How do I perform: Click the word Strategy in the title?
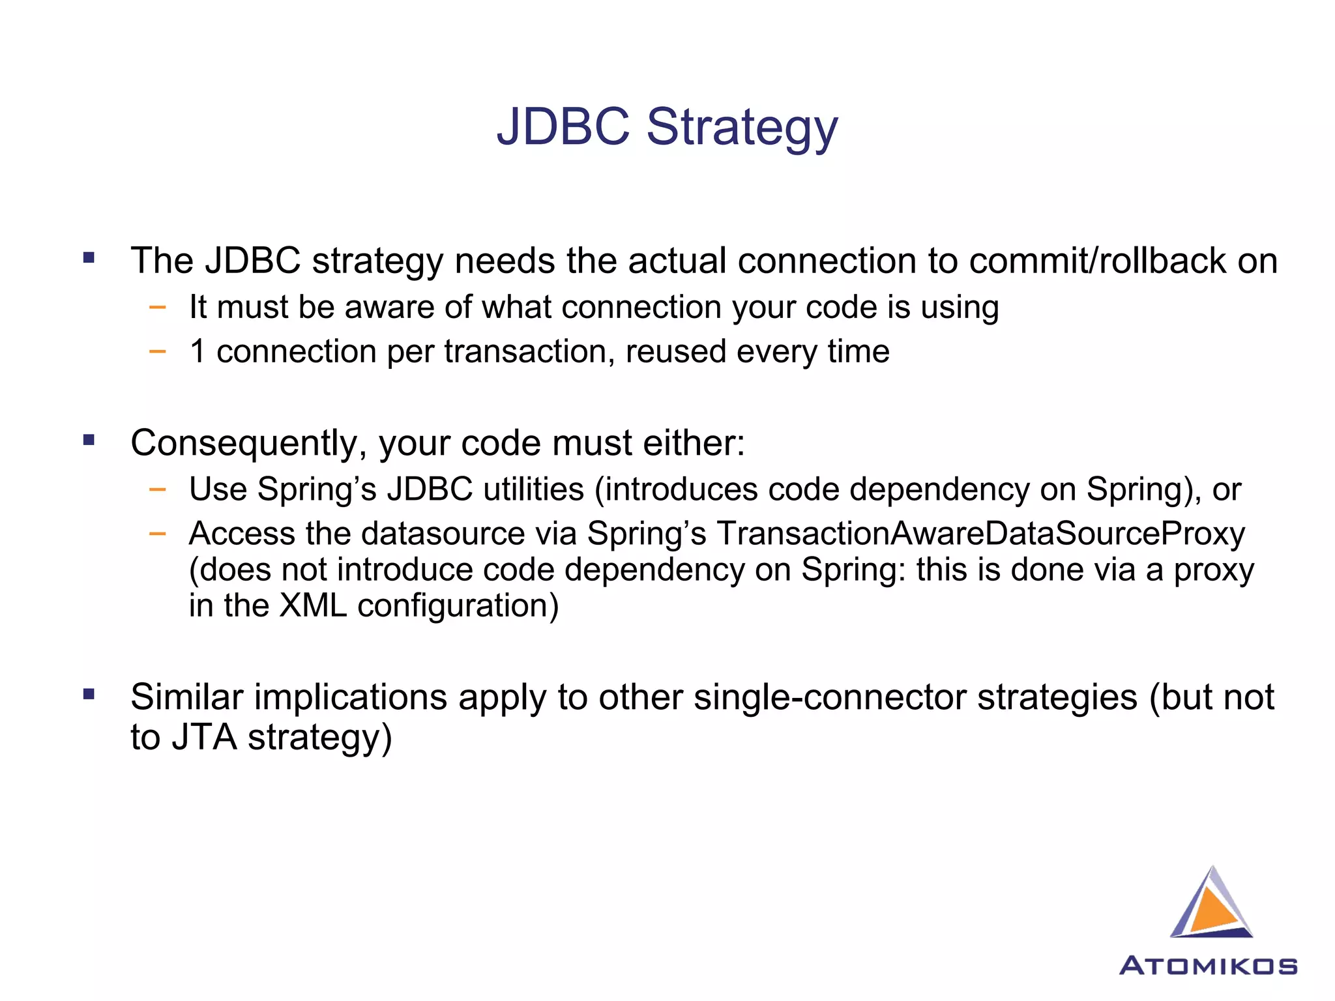coord(742,128)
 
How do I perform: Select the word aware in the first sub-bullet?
coord(389,307)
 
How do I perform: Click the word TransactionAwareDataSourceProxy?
coord(981,534)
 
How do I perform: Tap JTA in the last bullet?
coord(204,738)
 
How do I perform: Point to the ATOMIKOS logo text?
coord(1208,966)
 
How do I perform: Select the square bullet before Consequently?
coord(89,440)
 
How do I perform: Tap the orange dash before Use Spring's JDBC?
coord(157,489)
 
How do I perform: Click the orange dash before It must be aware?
coord(157,307)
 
